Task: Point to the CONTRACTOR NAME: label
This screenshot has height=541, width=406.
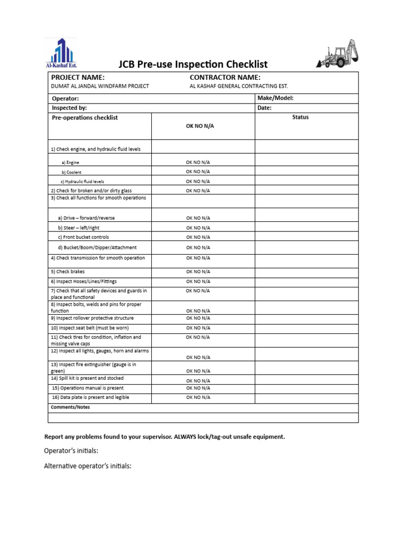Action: tap(225, 78)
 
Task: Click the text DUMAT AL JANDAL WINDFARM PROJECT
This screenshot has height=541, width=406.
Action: tap(100, 86)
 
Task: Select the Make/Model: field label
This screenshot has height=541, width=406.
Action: tap(275, 98)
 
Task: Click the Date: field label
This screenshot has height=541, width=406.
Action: tap(264, 108)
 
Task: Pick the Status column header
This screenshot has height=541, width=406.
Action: tap(300, 117)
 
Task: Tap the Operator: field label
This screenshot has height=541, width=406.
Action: tap(66, 99)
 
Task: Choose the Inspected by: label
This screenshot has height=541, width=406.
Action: tap(69, 108)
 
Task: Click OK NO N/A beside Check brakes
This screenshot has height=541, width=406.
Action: tap(198, 272)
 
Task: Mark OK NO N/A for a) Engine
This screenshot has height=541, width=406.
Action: tap(198, 162)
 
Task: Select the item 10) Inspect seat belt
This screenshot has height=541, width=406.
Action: tap(89, 328)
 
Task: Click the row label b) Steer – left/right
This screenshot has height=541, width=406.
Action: tap(79, 228)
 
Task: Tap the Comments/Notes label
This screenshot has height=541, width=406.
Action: tap(71, 407)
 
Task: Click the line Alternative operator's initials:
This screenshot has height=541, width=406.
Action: tap(87, 467)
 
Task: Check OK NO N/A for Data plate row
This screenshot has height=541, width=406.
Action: tap(198, 397)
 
